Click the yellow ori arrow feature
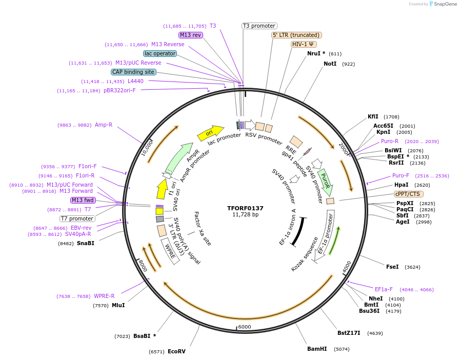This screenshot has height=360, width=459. [210, 133]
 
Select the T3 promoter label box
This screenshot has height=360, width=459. [259, 26]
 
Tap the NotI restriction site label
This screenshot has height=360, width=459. [330, 64]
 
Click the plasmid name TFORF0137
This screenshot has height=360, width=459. [245, 208]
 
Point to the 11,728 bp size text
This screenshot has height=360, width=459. [245, 214]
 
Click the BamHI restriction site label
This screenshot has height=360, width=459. [317, 349]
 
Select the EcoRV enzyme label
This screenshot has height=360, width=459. [176, 351]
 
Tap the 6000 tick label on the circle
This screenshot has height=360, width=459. [245, 327]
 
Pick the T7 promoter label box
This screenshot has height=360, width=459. [77, 218]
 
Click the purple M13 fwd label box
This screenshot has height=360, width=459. [83, 200]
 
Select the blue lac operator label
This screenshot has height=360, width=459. [160, 53]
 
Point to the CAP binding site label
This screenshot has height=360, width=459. [133, 72]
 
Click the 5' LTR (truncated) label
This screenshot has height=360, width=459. [296, 35]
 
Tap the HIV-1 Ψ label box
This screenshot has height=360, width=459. [304, 44]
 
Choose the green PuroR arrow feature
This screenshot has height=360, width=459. [326, 181]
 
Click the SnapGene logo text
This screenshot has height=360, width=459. [444, 4]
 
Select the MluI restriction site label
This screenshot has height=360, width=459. [118, 305]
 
